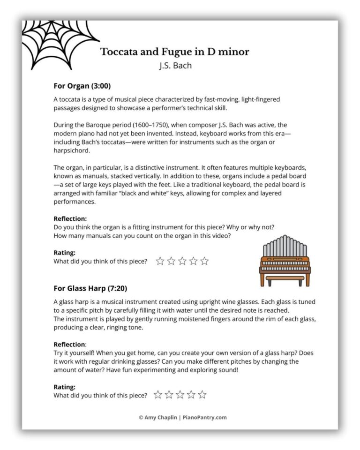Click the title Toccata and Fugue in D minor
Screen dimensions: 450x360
coord(175,52)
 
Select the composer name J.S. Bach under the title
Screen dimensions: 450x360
coord(175,65)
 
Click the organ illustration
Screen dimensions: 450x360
coord(285,260)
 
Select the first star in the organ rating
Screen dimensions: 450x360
coord(160,261)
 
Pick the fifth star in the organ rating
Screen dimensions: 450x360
coord(204,261)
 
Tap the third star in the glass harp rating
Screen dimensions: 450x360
coord(180,395)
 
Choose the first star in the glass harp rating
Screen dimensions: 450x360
coord(158,395)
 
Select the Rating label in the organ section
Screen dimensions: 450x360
coord(65,253)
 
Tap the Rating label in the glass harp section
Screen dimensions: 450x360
coord(65,387)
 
